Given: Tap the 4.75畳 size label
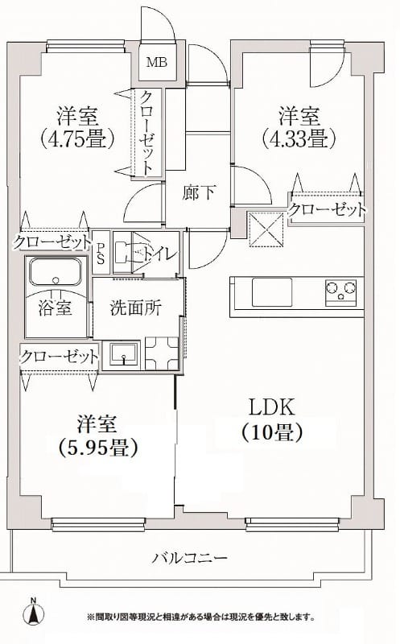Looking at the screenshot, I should point(77,137).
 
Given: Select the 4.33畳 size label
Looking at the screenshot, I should point(298,137).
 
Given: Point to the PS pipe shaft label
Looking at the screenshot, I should point(101,249).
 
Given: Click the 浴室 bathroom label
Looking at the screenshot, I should point(56,307).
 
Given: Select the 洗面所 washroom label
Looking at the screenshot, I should point(131,307).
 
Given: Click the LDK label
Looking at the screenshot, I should point(270,407).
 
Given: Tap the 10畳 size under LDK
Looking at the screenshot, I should point(271,432).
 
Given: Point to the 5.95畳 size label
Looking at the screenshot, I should point(98,444).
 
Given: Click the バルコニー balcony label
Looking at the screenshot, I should point(191,557).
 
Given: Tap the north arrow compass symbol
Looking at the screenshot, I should point(33,613).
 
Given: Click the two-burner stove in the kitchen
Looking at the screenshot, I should point(341,290).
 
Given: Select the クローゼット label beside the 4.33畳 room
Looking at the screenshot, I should point(328,210).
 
